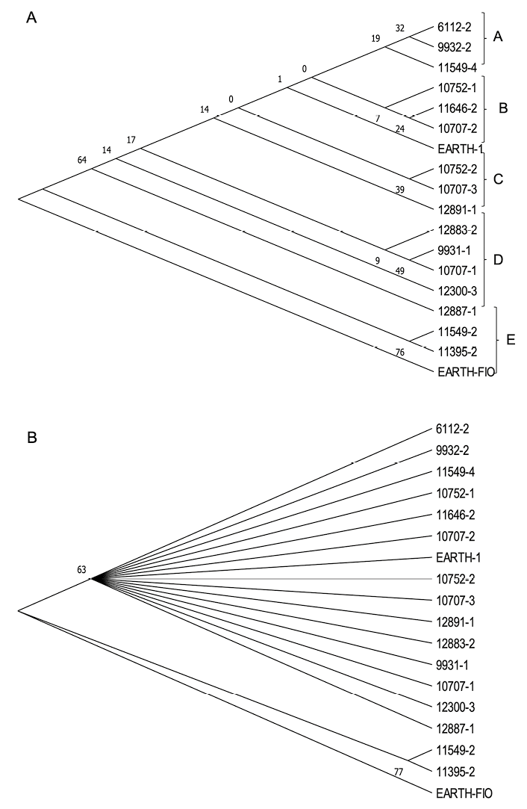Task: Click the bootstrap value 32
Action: coord(400,28)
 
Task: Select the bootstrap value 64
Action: coord(82,159)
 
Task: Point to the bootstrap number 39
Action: coord(400,190)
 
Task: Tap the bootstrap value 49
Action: coord(400,271)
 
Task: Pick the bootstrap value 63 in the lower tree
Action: coord(82,569)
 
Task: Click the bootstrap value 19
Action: coord(375,37)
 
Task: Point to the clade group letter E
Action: coord(509,341)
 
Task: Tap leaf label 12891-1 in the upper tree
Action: coord(457,211)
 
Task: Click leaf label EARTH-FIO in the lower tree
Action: coord(464,794)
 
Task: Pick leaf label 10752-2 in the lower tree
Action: coord(457,578)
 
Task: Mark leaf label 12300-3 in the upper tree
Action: coord(457,291)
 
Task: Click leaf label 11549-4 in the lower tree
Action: coord(457,472)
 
